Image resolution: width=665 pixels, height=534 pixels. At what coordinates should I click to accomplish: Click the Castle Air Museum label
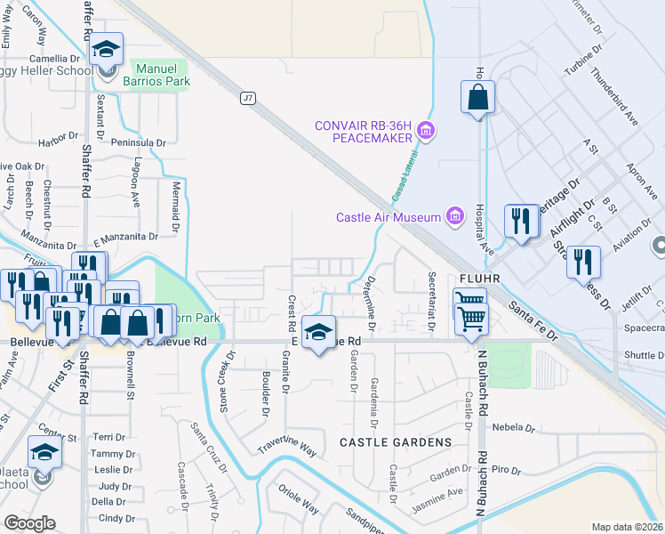[x=389, y=217]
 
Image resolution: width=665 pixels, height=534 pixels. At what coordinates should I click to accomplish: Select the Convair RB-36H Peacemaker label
[x=364, y=131]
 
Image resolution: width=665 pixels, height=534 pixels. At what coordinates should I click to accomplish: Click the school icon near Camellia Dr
[x=106, y=51]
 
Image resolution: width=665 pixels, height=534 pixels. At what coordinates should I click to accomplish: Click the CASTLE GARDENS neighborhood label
[x=395, y=442]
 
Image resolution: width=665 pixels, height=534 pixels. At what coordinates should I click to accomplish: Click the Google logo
[x=29, y=523]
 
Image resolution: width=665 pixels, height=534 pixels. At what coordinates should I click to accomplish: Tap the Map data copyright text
[x=628, y=527]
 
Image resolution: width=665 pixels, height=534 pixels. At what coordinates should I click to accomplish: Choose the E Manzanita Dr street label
[x=124, y=238]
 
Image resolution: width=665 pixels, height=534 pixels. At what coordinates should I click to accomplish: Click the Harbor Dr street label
[x=59, y=140]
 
